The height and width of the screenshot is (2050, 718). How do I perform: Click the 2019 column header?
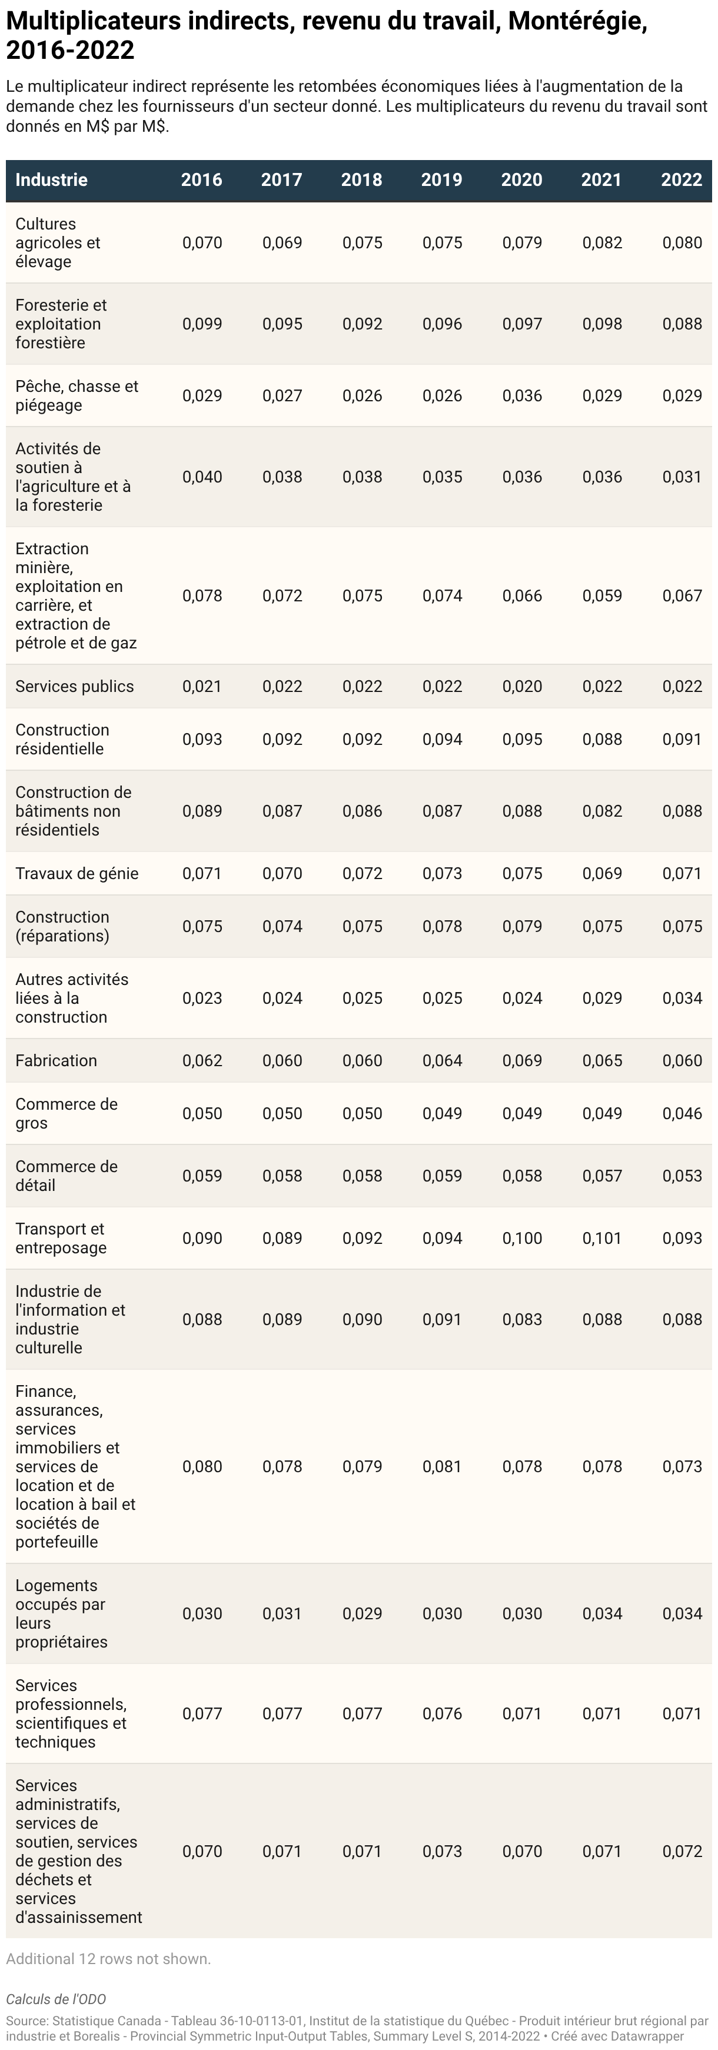442,180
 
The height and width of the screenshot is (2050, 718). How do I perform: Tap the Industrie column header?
51,180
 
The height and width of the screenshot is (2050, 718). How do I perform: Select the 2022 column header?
682,180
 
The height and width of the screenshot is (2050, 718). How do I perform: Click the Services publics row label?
75,687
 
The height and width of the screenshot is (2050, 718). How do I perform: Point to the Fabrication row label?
56,1061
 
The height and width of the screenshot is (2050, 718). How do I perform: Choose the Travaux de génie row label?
77,874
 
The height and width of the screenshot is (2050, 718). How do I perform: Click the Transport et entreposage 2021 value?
602,1238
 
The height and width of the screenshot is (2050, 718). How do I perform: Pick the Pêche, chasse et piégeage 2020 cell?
522,395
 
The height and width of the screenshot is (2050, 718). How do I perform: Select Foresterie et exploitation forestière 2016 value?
202,324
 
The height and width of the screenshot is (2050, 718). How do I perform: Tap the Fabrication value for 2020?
522,1061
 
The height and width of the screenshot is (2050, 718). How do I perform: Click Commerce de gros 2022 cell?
682,1113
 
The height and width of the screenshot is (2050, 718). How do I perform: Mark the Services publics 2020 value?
522,687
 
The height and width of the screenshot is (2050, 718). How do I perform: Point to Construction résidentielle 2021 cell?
602,739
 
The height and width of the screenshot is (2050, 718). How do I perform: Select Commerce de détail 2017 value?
282,1176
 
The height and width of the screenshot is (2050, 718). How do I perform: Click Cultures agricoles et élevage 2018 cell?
362,243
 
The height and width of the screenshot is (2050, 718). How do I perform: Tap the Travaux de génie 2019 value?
442,874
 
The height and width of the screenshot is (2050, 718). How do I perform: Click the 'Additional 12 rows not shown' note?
108,1958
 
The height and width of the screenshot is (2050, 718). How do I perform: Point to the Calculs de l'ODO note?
56,1999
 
